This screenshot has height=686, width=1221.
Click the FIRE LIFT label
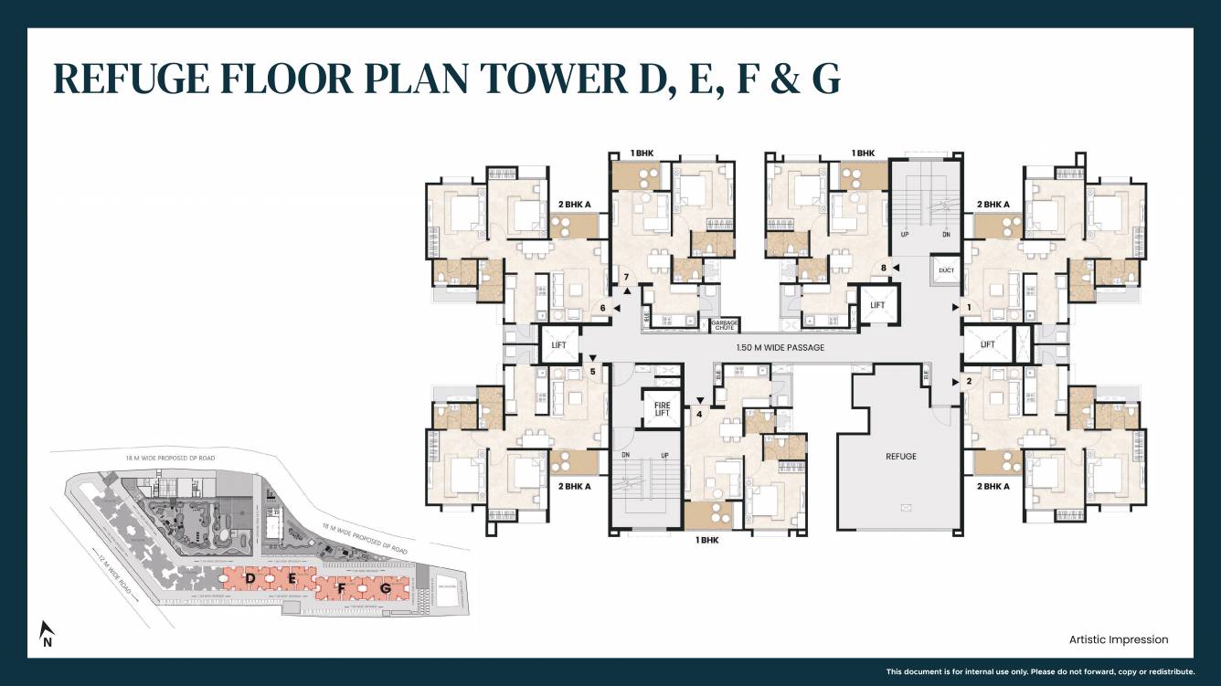pos(661,407)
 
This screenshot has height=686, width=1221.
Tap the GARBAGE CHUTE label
pos(724,324)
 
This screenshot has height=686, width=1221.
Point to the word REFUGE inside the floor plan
pos(900,456)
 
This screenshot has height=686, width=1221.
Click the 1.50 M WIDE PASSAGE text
pos(780,347)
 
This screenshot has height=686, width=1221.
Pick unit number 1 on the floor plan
pos(968,308)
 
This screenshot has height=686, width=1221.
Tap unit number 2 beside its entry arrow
pos(968,381)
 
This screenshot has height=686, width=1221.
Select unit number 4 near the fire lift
pos(699,414)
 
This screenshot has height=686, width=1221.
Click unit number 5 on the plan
pos(592,372)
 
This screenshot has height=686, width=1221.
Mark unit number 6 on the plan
pos(602,308)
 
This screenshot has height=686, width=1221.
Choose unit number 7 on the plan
pos(626,277)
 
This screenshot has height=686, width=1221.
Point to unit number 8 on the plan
pos(883,268)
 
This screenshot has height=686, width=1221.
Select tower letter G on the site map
pos(386,589)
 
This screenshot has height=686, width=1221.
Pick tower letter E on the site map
pos(292,579)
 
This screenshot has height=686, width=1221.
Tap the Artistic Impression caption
pos(1118,639)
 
